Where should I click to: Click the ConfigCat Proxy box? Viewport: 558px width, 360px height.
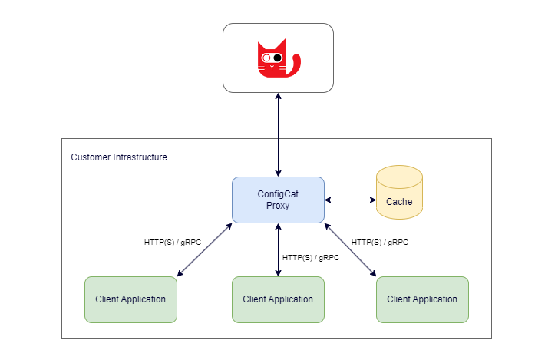coord(278,200)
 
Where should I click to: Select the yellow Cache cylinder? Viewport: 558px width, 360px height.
coord(399,193)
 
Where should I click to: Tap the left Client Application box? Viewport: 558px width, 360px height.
coord(130,299)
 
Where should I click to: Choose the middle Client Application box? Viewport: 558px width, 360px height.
coord(278,299)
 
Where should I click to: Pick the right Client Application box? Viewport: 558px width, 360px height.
coord(422,299)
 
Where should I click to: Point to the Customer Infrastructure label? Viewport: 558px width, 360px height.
coord(119,157)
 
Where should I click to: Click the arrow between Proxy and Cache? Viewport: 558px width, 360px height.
coord(350,200)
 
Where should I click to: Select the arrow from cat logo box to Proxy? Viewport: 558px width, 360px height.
coord(278,134)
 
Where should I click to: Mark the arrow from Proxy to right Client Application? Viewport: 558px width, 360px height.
coord(351,249)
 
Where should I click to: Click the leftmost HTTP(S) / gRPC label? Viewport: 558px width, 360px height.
coord(173,242)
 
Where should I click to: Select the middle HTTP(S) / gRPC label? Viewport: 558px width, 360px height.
coord(311,258)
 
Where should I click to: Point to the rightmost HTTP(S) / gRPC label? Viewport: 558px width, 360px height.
coord(380,242)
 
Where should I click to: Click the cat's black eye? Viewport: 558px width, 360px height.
coord(278,58)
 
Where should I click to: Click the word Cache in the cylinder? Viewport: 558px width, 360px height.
coord(399,202)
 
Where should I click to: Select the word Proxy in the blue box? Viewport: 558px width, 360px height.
coord(278,206)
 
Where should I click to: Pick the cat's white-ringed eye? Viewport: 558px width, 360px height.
coord(266,58)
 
